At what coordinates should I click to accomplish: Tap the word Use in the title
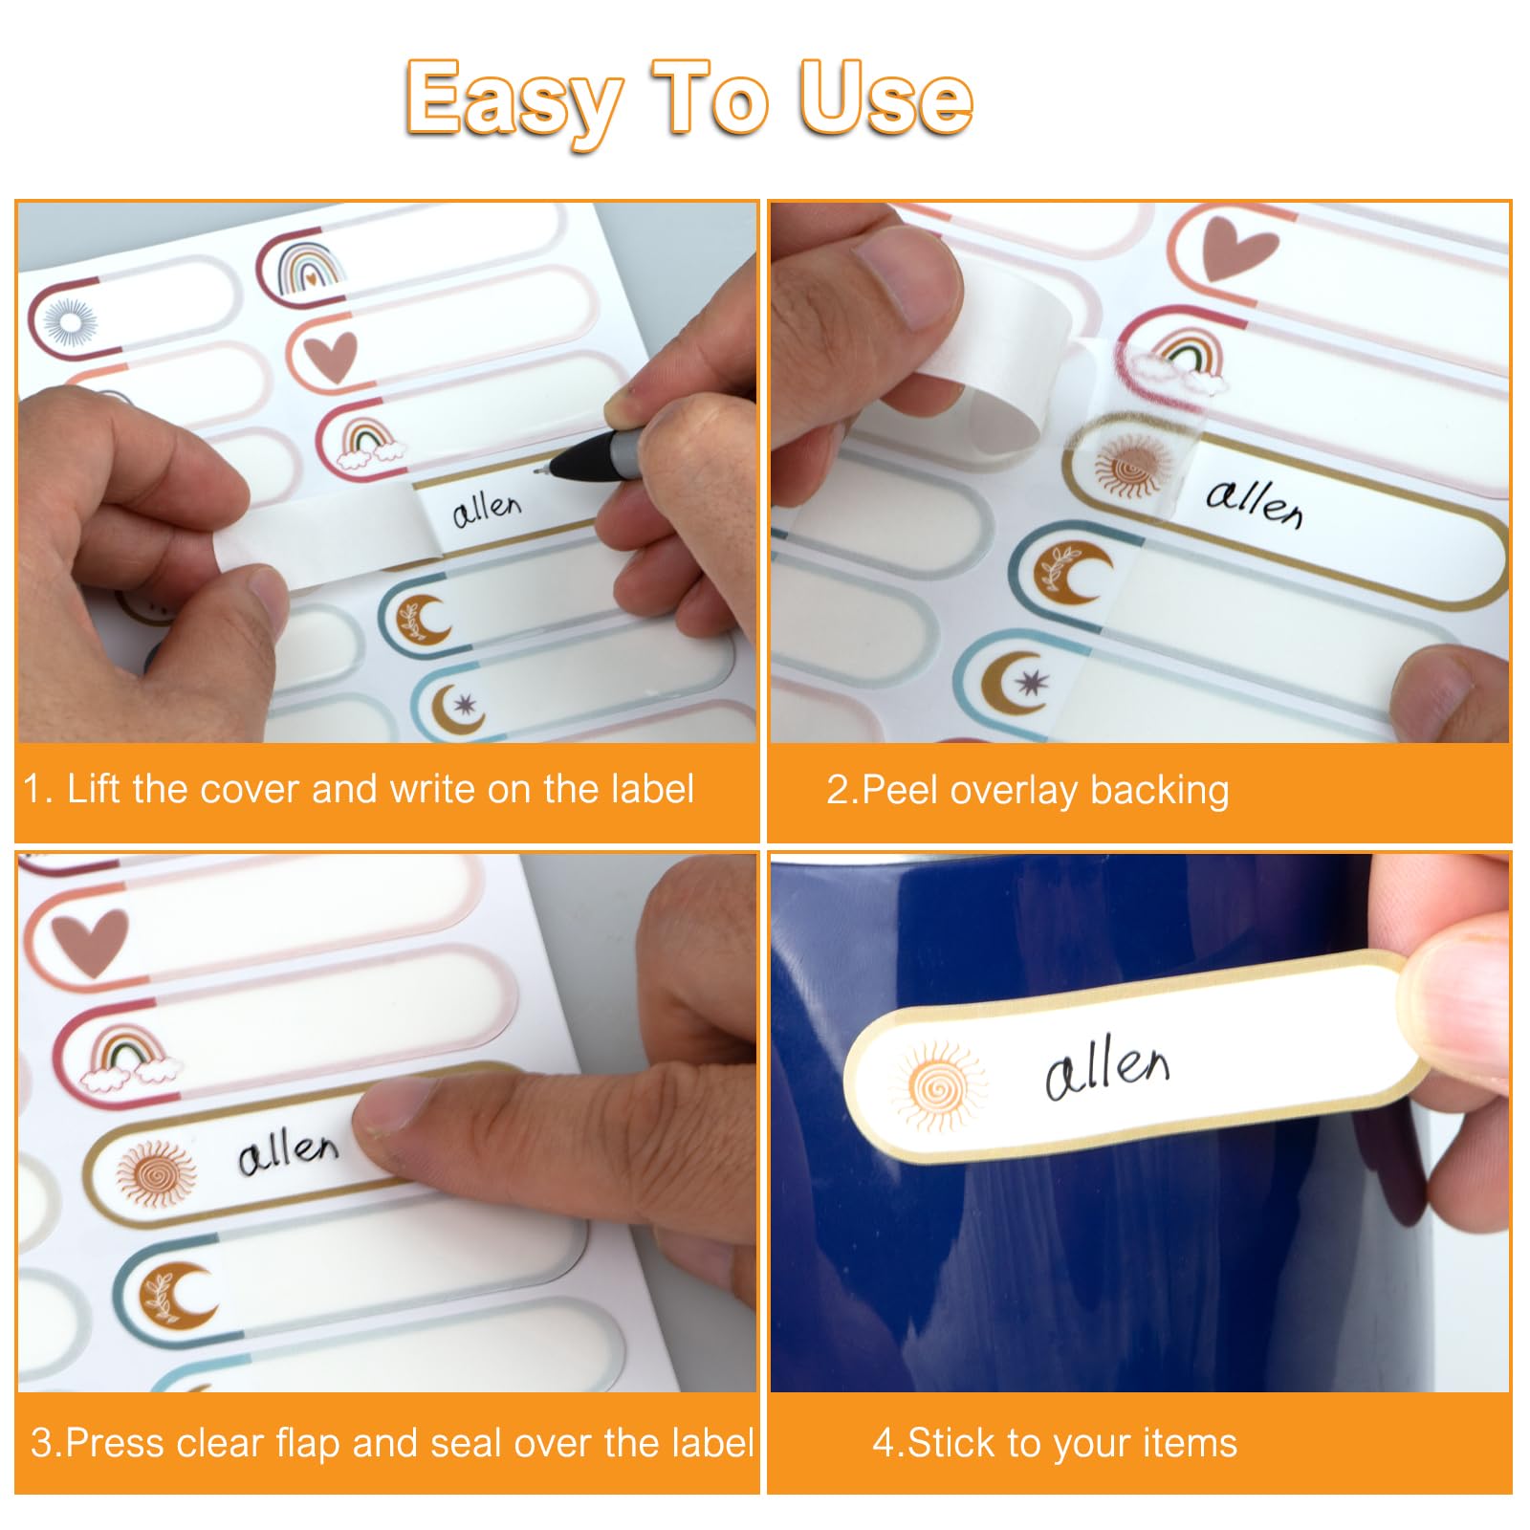885,98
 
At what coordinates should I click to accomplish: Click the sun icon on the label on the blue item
937,1087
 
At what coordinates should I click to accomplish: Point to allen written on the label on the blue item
1107,1068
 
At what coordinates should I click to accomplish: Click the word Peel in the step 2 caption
900,792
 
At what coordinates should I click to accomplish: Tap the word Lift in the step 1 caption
95,790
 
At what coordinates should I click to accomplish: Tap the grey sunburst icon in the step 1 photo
71,321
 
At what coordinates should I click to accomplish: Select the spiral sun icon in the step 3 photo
155,1173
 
